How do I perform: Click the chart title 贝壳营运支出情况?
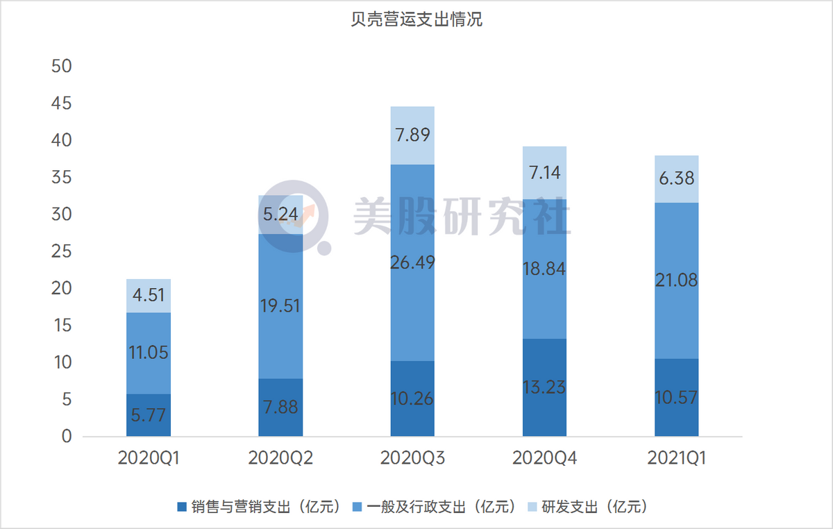click(x=416, y=20)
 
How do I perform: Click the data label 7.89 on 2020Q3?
click(x=412, y=135)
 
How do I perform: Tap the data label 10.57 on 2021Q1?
click(x=676, y=398)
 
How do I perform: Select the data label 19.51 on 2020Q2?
click(x=280, y=305)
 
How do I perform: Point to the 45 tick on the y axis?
click(x=62, y=104)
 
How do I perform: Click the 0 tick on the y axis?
click(x=67, y=437)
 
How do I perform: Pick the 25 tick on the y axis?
click(x=62, y=252)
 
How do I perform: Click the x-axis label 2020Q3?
click(x=412, y=458)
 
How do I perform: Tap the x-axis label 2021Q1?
click(x=676, y=458)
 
